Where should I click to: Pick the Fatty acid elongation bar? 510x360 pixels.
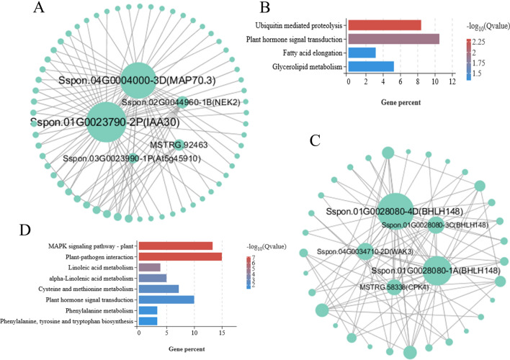point(362,53)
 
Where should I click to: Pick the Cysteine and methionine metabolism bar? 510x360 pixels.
point(158,289)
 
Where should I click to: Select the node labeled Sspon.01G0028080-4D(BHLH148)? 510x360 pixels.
point(395,212)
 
